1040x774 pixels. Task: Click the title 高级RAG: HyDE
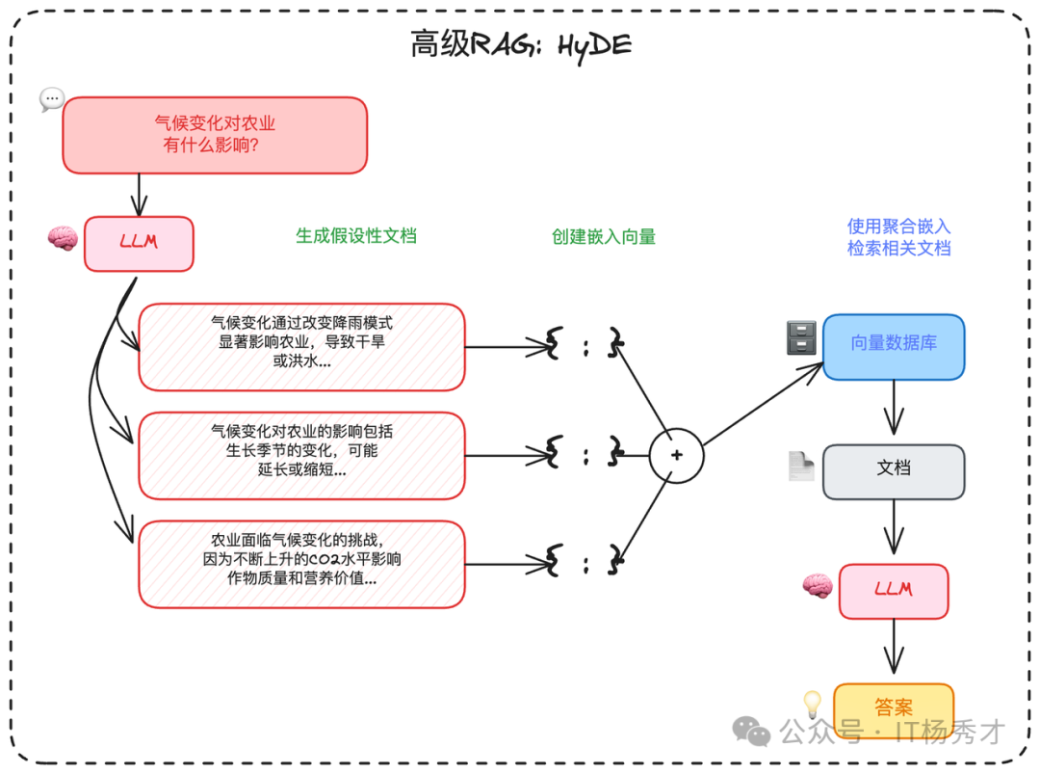coord(521,44)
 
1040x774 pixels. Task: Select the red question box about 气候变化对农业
coord(215,135)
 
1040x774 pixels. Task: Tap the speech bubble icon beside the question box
coord(51,99)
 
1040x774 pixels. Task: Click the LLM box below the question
coord(139,243)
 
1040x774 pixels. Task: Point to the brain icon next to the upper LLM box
coord(63,238)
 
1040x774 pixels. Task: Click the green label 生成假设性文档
coord(356,236)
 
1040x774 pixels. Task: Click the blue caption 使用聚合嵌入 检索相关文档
coord(898,237)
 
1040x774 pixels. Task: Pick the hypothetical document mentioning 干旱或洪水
coord(301,347)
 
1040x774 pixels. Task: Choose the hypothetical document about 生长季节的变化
coord(301,455)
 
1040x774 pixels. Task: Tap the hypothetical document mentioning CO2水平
coord(301,564)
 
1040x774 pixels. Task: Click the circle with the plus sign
coord(676,455)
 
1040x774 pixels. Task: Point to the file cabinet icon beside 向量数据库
coord(801,337)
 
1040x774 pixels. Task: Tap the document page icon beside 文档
coord(801,467)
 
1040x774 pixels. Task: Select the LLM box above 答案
coord(894,591)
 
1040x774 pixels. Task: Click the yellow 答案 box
coord(894,707)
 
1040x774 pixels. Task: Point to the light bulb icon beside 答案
coord(812,704)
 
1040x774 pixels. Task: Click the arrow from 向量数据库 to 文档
coord(894,410)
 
